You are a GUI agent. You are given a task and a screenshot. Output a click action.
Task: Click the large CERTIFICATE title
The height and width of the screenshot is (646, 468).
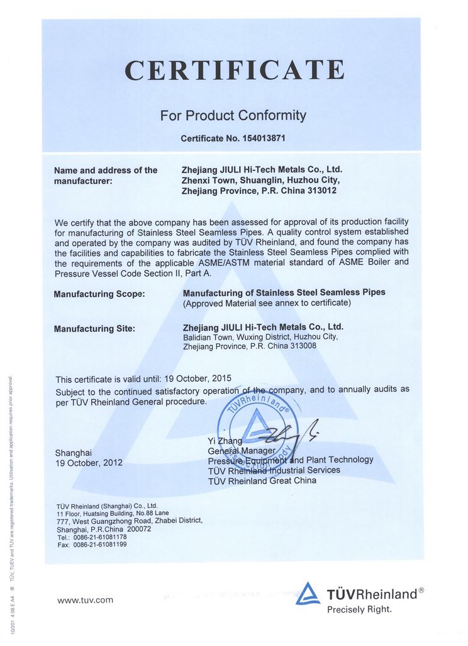(234, 70)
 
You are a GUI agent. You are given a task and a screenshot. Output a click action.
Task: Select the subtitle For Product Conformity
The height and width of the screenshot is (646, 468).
(233, 115)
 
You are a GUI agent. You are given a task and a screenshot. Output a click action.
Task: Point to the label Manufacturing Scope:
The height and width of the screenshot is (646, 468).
(99, 293)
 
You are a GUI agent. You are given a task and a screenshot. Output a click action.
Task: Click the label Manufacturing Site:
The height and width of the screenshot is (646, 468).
(94, 328)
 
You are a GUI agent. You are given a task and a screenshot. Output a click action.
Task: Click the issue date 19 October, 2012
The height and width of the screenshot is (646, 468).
(89, 463)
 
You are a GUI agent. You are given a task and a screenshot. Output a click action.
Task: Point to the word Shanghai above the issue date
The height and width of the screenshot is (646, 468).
(74, 452)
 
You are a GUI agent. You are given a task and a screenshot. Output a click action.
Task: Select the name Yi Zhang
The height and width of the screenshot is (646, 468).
(225, 441)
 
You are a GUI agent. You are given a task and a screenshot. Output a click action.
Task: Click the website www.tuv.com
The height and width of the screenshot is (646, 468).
(86, 600)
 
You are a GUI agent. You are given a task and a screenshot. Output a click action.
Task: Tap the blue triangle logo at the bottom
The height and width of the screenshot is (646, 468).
(308, 594)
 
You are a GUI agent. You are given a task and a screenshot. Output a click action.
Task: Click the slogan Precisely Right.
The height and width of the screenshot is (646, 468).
(359, 609)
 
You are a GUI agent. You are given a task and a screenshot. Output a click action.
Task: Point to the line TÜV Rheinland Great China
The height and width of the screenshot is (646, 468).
(262, 480)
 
